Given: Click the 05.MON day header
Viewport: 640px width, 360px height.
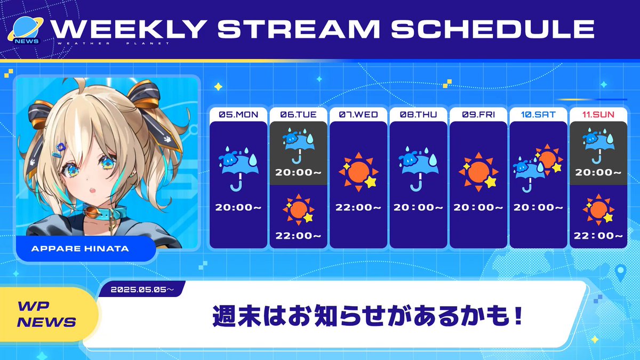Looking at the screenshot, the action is click(x=238, y=115).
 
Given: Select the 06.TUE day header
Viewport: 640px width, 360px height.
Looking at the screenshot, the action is click(x=298, y=115).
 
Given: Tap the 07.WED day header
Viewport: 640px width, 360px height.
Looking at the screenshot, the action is click(x=358, y=115).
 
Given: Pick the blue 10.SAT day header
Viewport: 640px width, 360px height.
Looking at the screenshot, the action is click(x=538, y=115).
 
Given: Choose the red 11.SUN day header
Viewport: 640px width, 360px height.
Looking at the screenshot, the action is click(x=598, y=115).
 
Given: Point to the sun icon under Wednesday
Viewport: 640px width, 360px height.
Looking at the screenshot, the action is click(x=358, y=172).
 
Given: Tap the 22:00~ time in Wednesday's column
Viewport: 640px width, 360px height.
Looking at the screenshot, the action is click(x=358, y=207).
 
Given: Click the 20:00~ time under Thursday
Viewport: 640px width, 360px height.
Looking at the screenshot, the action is click(x=418, y=207).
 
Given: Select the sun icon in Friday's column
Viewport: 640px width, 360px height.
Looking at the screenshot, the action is click(x=478, y=172).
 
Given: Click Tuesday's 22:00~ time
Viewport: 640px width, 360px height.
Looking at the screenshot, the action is click(x=298, y=236).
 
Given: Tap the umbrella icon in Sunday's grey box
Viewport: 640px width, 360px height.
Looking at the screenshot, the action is click(x=598, y=146).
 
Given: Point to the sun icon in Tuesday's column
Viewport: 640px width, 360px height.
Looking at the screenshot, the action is click(x=299, y=210).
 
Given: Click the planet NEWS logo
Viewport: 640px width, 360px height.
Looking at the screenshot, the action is click(x=26, y=31).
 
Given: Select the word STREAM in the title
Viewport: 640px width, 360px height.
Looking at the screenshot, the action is click(x=299, y=29).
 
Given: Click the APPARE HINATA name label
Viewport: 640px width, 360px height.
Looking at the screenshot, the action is click(x=80, y=249).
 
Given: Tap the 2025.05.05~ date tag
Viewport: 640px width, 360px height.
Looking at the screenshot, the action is click(x=142, y=290).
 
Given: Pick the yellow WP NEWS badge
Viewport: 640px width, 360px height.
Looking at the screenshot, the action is click(x=47, y=314).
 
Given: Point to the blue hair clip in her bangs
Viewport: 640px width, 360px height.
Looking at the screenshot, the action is click(x=59, y=150).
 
